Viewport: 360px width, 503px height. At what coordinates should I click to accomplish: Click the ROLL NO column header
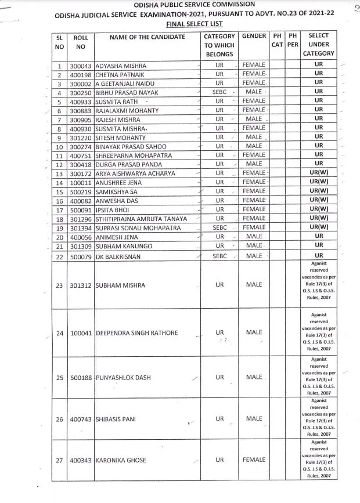click(x=81, y=42)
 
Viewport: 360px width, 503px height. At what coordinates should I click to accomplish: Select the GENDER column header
click(x=254, y=37)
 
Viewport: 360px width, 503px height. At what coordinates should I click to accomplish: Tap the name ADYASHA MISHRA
click(x=124, y=65)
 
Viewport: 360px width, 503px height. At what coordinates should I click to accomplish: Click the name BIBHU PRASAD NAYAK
click(x=131, y=92)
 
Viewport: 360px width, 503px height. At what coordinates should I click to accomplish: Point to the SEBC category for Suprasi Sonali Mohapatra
click(x=219, y=228)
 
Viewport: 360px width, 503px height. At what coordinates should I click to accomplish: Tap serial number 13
click(x=60, y=173)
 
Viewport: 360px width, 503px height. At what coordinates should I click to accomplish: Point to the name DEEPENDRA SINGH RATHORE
click(x=136, y=333)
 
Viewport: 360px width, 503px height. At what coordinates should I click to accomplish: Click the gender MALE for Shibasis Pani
click(x=254, y=418)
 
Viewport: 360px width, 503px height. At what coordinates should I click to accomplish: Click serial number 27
click(x=60, y=460)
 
